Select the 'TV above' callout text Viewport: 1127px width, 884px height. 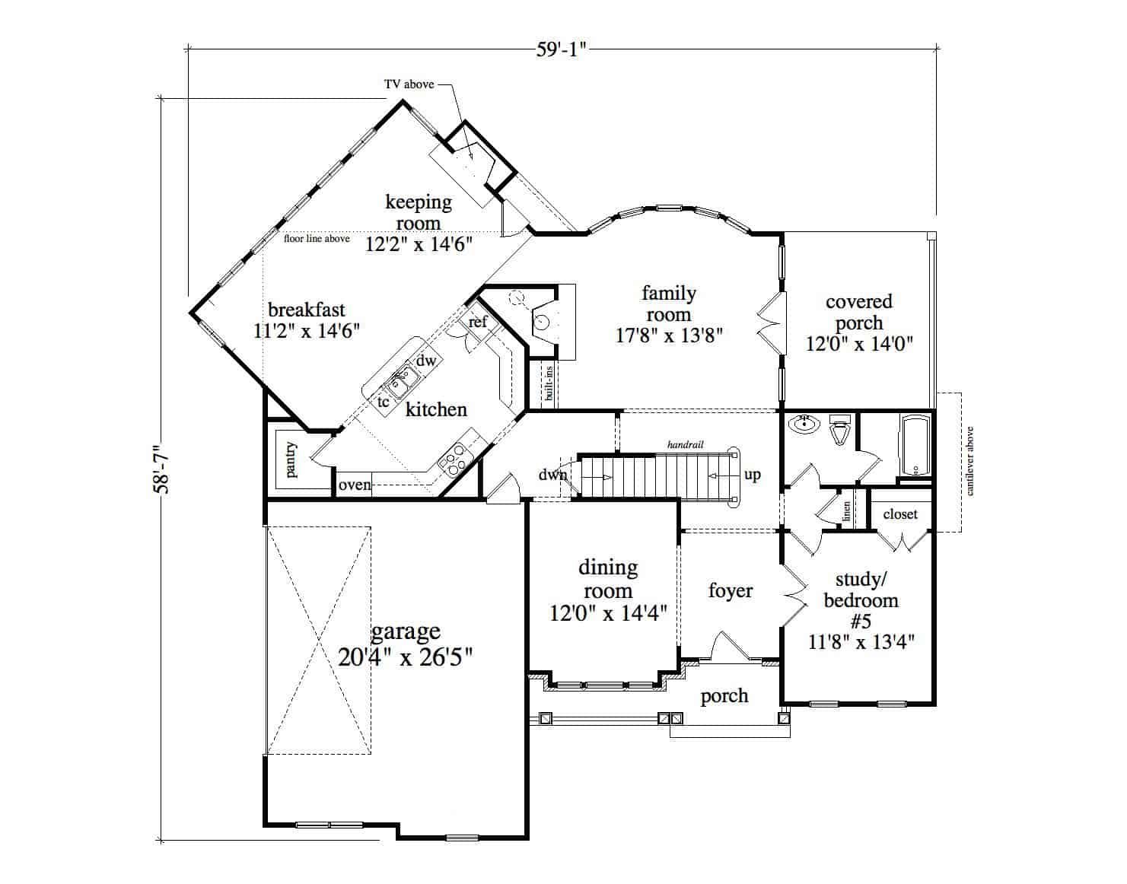pyautogui.click(x=409, y=84)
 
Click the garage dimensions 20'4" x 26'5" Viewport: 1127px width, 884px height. pyautogui.click(x=406, y=657)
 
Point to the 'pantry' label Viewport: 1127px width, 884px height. pyautogui.click(x=291, y=460)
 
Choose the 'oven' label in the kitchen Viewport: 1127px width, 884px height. pyautogui.click(x=355, y=485)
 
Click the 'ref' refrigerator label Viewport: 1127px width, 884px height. pyautogui.click(x=477, y=322)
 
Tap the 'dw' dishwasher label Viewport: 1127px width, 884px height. pyautogui.click(x=426, y=361)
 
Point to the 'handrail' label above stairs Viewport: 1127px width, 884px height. pyautogui.click(x=685, y=444)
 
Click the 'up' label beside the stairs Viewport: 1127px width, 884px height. pyautogui.click(x=752, y=475)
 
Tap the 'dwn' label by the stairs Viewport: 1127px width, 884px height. pyautogui.click(x=553, y=475)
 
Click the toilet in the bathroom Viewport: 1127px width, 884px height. pyautogui.click(x=840, y=431)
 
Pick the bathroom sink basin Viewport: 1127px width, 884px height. pyautogui.click(x=802, y=425)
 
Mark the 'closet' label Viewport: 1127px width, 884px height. pyautogui.click(x=900, y=514)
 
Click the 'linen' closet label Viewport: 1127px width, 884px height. pyautogui.click(x=846, y=512)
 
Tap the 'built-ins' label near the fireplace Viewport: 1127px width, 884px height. pyautogui.click(x=549, y=383)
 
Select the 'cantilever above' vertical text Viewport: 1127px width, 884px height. pyautogui.click(x=970, y=461)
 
